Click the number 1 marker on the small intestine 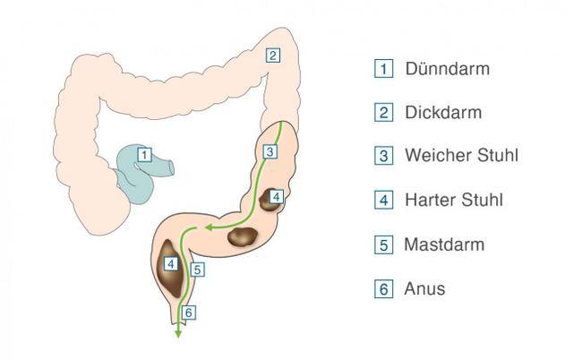tap(144, 155)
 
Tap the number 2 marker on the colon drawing tap(272, 56)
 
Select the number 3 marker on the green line tap(269, 151)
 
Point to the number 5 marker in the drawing tap(197, 270)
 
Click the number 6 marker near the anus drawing tap(189, 313)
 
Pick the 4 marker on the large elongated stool tap(171, 263)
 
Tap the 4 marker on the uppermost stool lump tap(277, 197)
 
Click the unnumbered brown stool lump tap(243, 236)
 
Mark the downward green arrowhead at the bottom tap(178, 333)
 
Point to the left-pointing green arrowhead tap(209, 227)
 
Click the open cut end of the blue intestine tap(171, 167)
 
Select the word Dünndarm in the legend tap(448, 69)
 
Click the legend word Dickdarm tap(443, 112)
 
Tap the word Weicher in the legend tap(430, 155)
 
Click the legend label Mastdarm tap(444, 244)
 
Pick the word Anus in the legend tap(424, 288)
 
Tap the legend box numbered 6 tap(384, 288)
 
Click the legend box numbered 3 tap(384, 156)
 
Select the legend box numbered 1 tap(384, 69)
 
